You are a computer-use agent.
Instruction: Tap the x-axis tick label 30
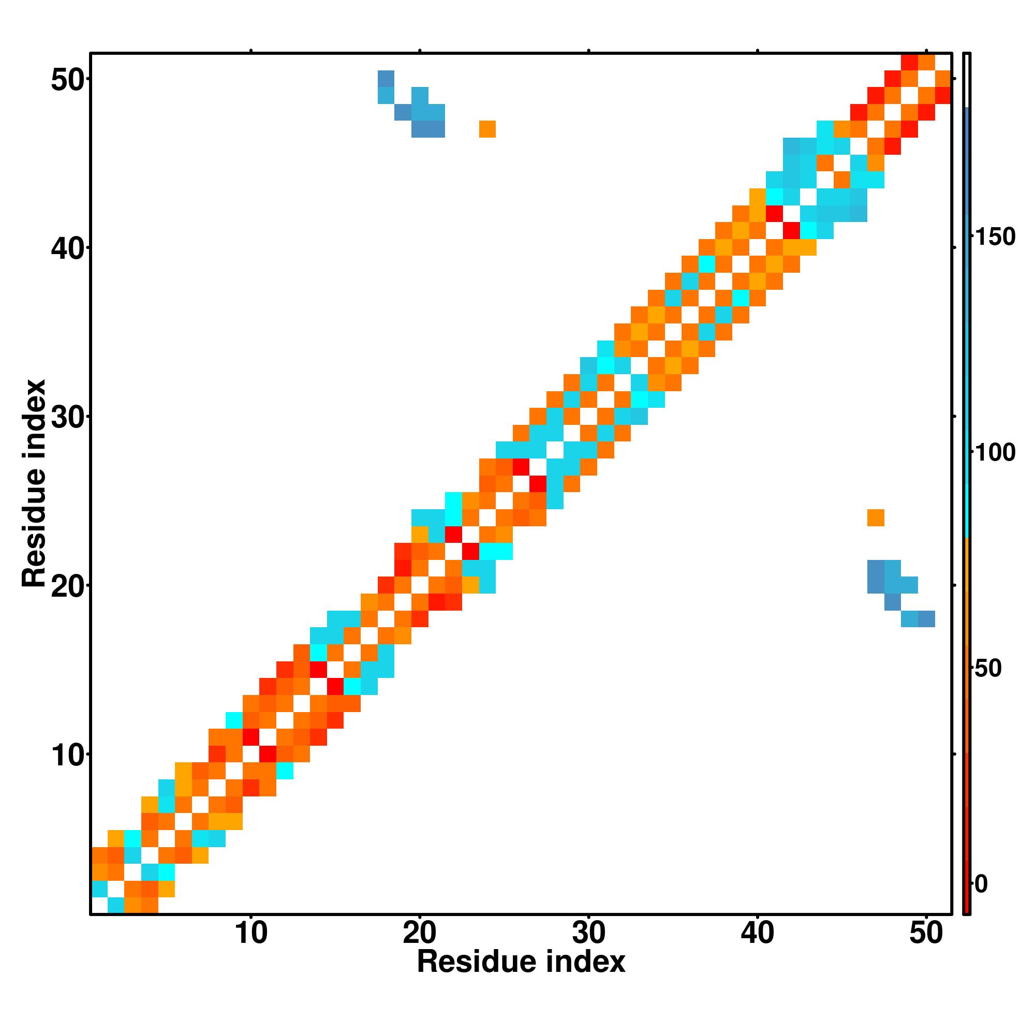[x=588, y=934]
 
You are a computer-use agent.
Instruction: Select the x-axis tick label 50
[x=926, y=934]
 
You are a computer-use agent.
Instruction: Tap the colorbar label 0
[x=981, y=884]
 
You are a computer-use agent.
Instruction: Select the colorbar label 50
[x=988, y=669]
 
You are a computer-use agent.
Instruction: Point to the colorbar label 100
[x=995, y=453]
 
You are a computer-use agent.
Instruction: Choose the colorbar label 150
[x=995, y=238]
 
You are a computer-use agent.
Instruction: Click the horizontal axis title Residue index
[x=521, y=962]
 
